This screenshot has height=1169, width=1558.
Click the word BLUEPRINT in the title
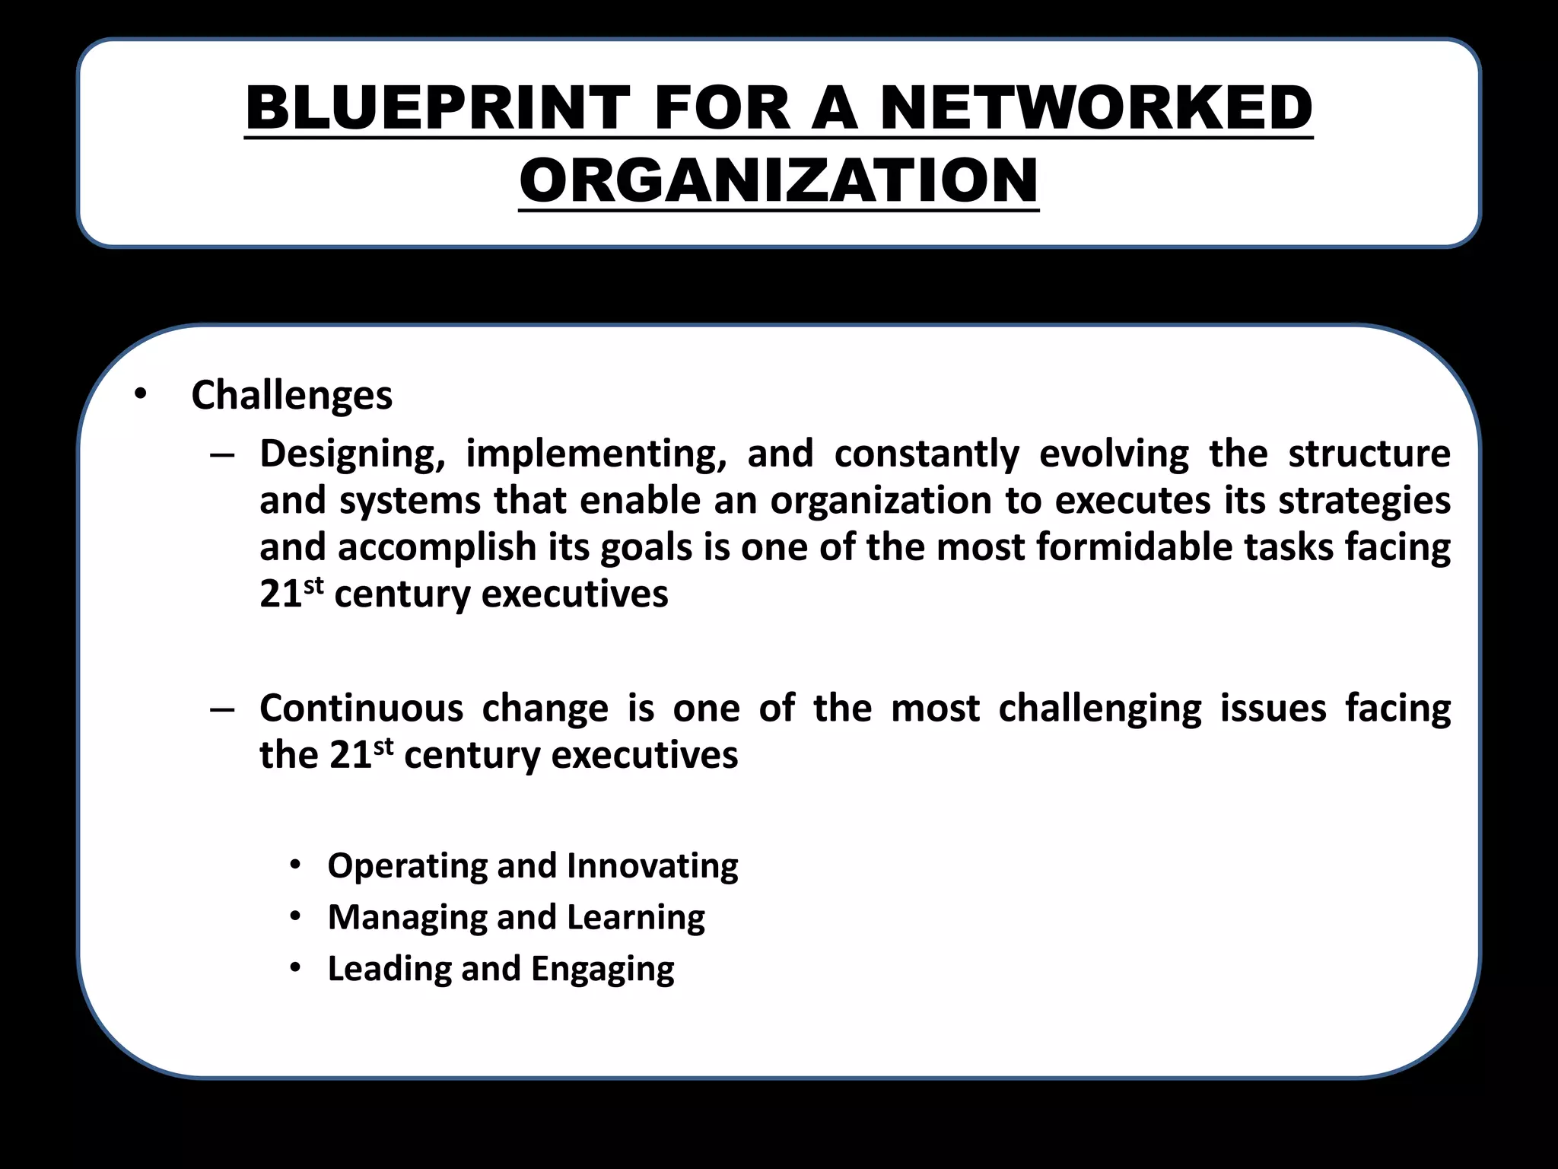pos(437,108)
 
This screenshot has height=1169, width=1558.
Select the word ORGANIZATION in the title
pos(779,180)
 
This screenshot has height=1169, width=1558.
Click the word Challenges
pos(292,396)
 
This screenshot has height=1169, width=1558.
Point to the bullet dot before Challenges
pos(139,394)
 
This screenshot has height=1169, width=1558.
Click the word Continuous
pos(361,709)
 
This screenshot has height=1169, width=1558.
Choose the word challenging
pos(1100,709)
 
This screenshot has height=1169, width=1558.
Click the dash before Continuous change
pos(222,709)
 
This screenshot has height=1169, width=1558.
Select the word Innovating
pos(652,866)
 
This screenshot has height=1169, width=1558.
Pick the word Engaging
pos(602,969)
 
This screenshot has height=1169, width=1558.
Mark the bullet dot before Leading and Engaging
pos(295,968)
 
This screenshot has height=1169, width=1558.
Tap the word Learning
pos(635,918)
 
